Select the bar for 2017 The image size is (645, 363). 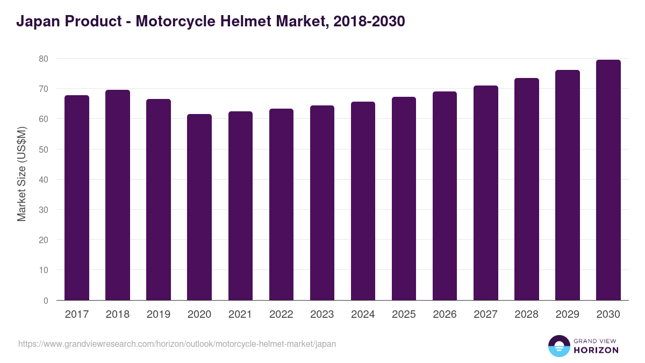coord(77,198)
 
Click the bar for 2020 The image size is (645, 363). coord(199,207)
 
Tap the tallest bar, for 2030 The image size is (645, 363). coord(608,180)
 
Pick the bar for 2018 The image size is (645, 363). coord(118,195)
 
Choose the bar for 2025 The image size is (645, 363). coord(404,198)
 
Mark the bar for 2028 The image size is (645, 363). coord(526,189)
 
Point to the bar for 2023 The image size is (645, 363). coord(322,203)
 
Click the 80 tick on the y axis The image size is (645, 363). coord(43,58)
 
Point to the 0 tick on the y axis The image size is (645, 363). coord(46,301)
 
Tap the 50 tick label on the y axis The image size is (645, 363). coord(43,149)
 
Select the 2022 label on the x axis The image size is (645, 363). coord(281,315)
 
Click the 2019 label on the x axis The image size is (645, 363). coord(159,315)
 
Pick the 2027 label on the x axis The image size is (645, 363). coord(485,315)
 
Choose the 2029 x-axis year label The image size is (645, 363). coord(567,315)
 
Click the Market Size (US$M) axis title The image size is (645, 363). coord(21,174)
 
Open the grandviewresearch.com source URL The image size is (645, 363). coord(177,344)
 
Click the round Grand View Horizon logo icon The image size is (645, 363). coord(558,346)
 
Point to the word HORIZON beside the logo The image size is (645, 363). coord(596,350)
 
